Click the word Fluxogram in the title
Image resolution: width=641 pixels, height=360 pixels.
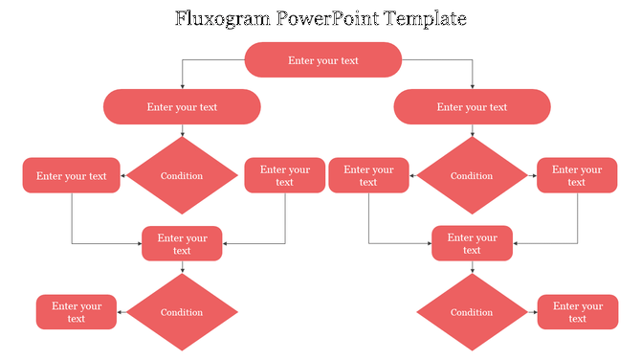[x=221, y=18]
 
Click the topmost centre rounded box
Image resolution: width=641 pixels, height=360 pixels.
[x=323, y=60]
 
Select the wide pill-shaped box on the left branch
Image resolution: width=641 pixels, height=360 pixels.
[x=182, y=107]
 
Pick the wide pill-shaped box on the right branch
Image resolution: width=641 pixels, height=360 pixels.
[x=472, y=107]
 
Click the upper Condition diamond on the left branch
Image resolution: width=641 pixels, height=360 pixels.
[x=182, y=175]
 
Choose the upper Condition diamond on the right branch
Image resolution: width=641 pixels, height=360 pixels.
[x=472, y=175]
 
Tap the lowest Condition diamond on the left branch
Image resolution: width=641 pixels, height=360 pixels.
[x=182, y=312]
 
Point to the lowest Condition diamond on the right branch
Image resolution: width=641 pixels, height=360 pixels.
[x=472, y=312]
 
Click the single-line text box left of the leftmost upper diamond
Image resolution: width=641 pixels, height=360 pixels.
[x=72, y=175]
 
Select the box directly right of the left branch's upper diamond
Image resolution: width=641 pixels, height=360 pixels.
[x=284, y=175]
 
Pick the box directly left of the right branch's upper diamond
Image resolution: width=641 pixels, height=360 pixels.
[x=368, y=175]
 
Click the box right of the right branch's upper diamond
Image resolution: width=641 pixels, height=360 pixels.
[x=577, y=175]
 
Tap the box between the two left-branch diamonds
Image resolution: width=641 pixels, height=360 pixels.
[x=182, y=244]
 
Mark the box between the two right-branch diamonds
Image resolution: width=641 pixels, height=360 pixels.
[x=472, y=244]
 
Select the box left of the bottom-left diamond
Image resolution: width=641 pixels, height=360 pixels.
[x=77, y=312]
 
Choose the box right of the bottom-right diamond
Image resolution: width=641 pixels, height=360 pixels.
[x=577, y=312]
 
